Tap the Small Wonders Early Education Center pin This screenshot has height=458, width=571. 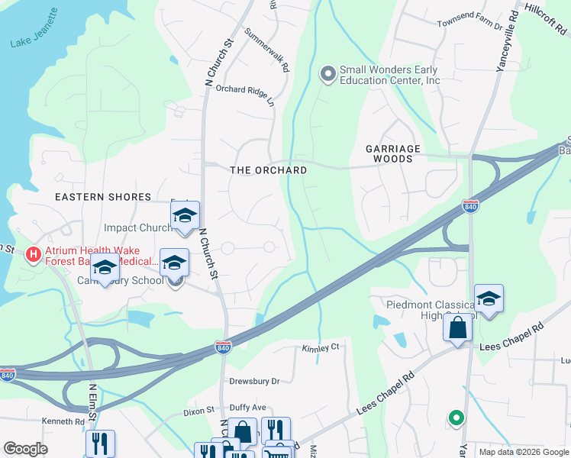[328, 74]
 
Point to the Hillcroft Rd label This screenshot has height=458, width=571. [547, 18]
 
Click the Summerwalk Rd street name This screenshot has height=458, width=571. [267, 50]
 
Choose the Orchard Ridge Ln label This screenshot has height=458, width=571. [245, 94]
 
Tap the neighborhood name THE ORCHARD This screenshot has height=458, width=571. [269, 170]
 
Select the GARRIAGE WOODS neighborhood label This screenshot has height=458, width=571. [389, 153]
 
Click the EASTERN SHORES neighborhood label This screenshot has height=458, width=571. [103, 197]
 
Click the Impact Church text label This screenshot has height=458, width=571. [138, 227]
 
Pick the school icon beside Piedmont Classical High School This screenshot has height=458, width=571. [489, 298]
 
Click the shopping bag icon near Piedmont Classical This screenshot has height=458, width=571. [457, 328]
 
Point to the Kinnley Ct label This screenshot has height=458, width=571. [320, 347]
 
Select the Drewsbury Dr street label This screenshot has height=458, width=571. [255, 380]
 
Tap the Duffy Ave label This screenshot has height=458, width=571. [248, 408]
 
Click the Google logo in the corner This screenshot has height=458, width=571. [26, 448]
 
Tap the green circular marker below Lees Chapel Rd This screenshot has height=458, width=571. [456, 418]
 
